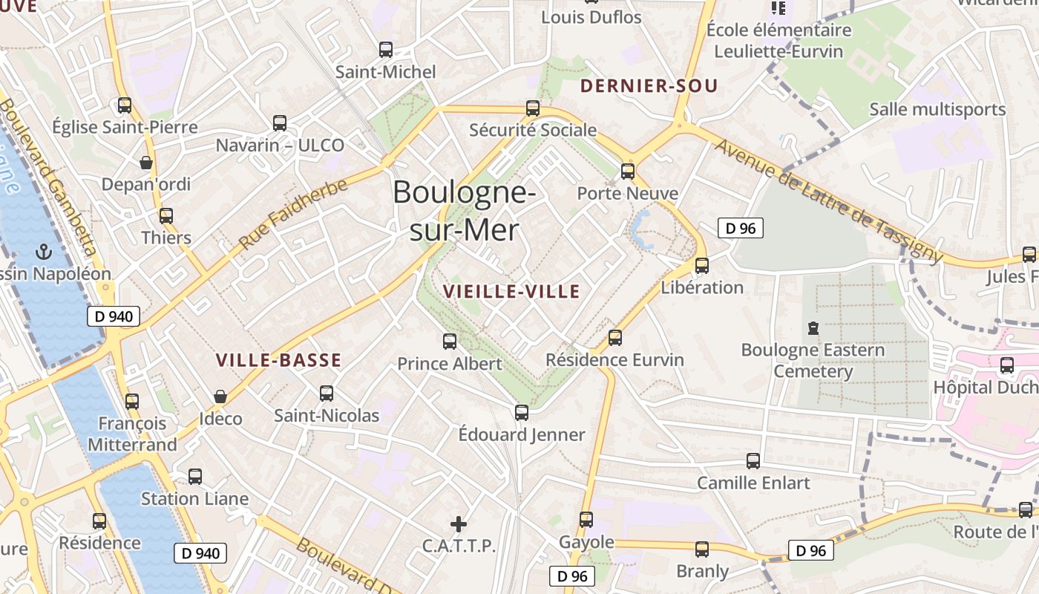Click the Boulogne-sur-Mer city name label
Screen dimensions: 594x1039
click(464, 211)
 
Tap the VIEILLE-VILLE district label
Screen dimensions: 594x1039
click(511, 292)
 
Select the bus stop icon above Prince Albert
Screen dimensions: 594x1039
click(450, 342)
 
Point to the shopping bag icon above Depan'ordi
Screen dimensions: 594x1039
click(146, 162)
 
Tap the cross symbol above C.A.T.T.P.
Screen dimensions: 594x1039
click(459, 524)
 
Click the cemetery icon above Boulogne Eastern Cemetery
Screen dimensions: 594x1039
click(813, 327)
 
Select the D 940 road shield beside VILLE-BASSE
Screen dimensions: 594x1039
click(114, 316)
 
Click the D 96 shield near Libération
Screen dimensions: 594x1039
click(740, 228)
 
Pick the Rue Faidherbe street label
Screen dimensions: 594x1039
click(293, 214)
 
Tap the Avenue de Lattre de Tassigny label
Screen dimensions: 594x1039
click(827, 200)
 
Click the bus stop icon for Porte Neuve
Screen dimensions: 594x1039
click(628, 172)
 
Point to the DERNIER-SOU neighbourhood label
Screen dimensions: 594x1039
click(649, 86)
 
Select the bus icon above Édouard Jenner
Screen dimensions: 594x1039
click(522, 413)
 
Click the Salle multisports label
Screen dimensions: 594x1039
click(937, 109)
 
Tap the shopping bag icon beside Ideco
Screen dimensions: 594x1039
click(220, 396)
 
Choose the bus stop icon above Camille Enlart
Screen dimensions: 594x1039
click(753, 461)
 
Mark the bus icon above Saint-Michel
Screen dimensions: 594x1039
click(386, 50)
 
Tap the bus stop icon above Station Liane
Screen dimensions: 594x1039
click(195, 477)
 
